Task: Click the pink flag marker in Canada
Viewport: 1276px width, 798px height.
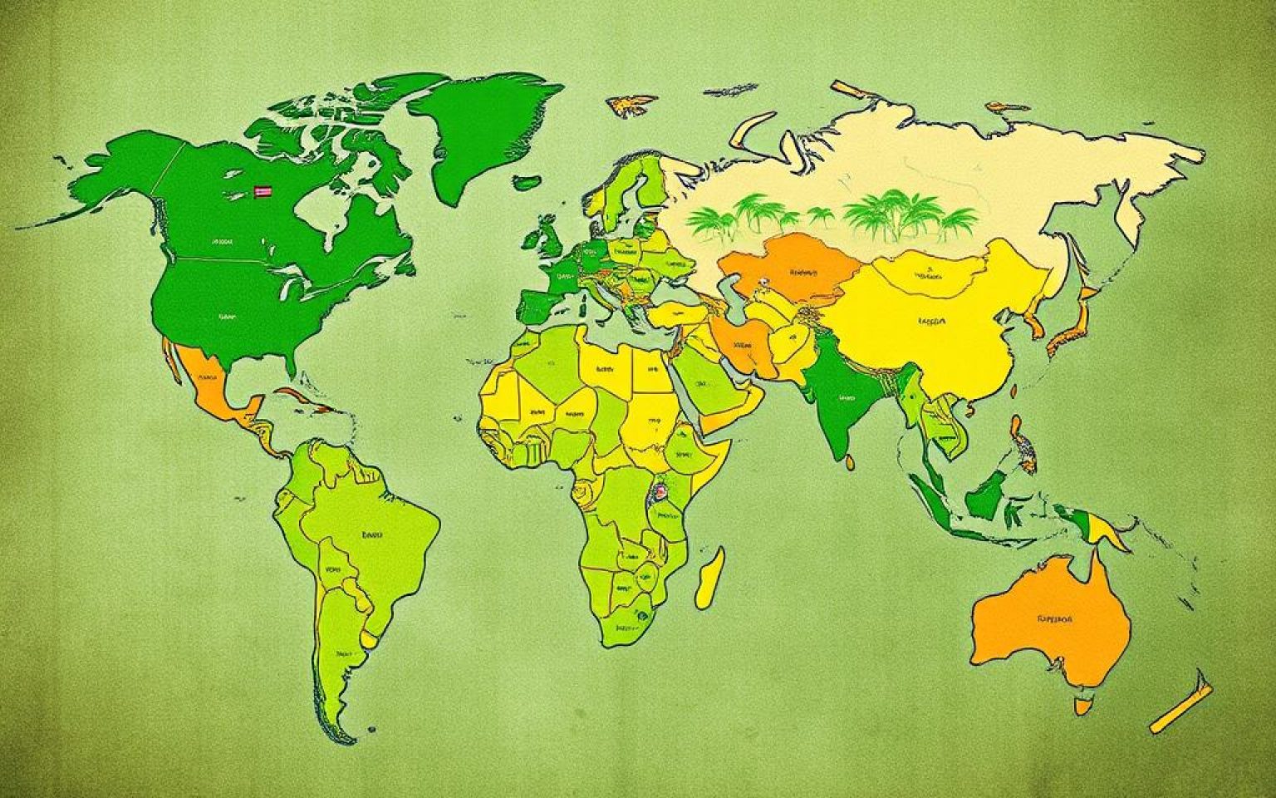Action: tap(263, 191)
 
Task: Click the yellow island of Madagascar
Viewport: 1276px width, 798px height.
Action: tap(709, 578)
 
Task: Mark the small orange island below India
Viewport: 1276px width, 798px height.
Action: tap(850, 460)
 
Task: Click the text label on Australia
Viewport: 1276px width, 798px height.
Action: tap(1054, 619)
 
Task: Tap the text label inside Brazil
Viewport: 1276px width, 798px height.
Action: tap(372, 536)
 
